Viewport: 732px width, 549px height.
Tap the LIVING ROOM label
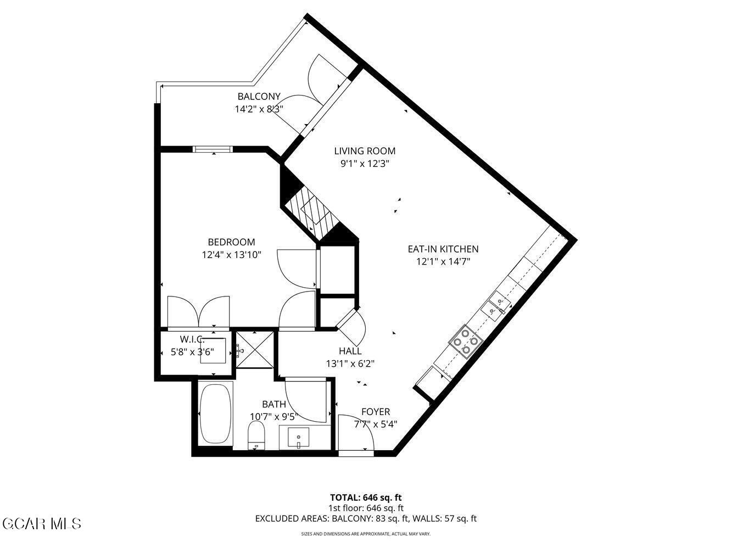click(x=365, y=151)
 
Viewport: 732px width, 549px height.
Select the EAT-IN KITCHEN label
click(x=443, y=249)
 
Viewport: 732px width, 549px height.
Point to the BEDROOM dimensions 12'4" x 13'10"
click(x=231, y=255)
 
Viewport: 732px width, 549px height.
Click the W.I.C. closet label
click(x=192, y=340)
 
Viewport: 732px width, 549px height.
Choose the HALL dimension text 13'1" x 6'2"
click(x=350, y=363)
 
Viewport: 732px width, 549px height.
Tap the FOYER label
click(x=376, y=412)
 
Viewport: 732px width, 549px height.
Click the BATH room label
click(x=273, y=405)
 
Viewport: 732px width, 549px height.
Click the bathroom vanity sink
click(x=298, y=438)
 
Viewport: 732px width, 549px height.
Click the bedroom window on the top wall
click(x=213, y=149)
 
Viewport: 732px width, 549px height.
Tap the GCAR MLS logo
click(x=41, y=523)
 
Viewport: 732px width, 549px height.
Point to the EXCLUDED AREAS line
click(x=366, y=518)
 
